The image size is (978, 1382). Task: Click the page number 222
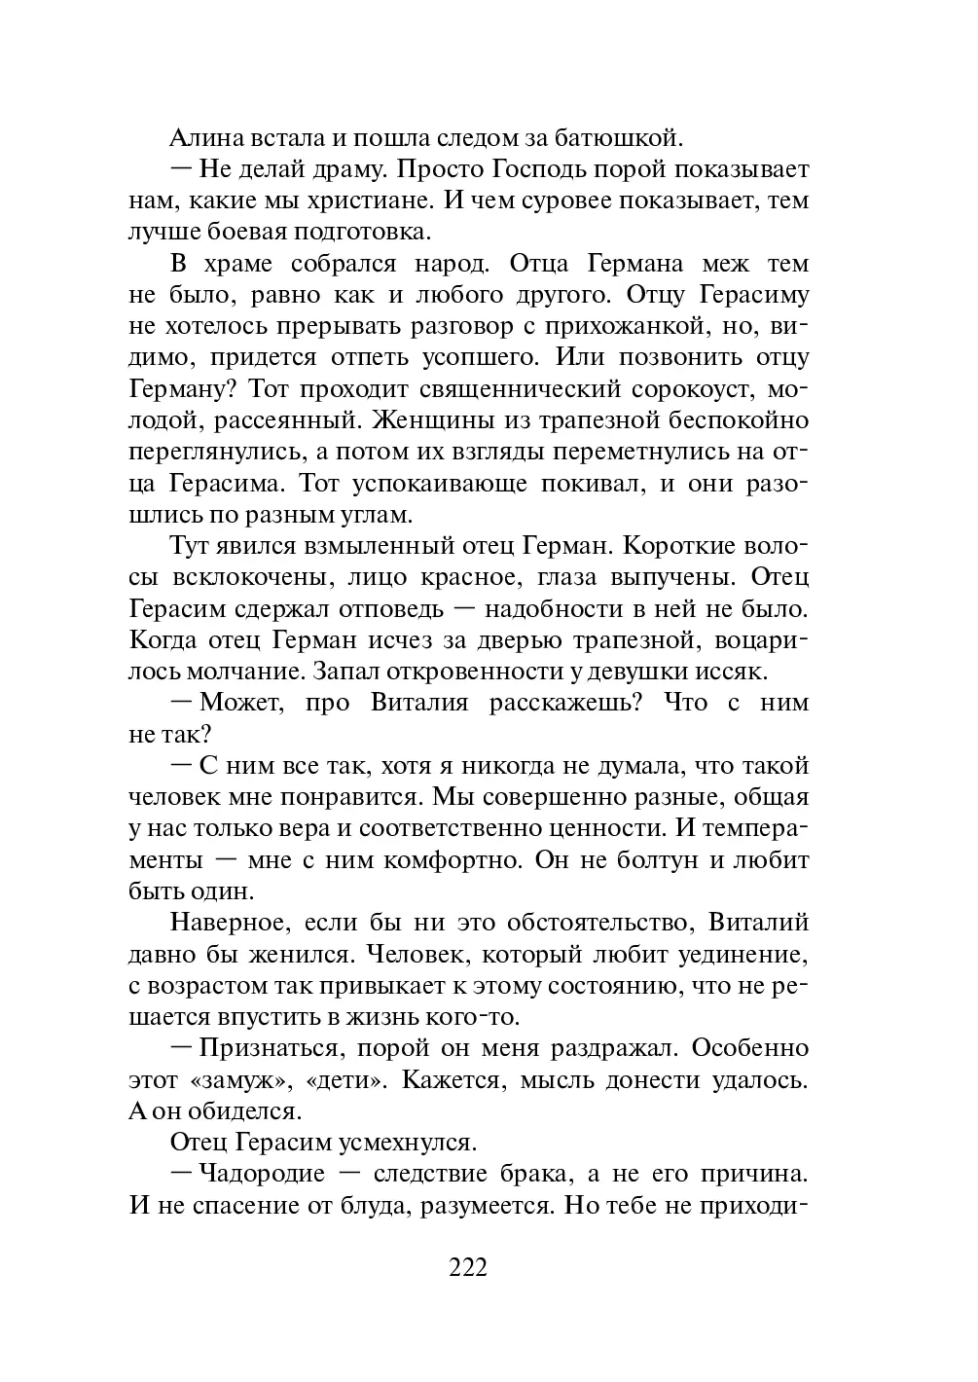468,1267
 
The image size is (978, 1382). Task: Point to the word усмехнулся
401,1142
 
